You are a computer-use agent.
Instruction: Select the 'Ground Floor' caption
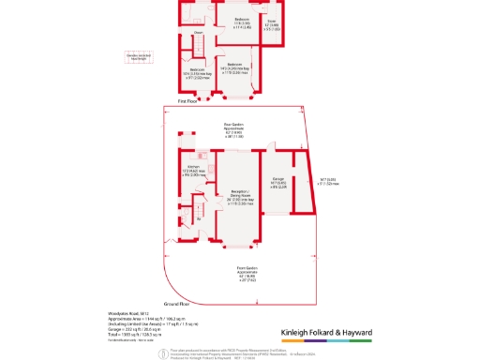(177, 304)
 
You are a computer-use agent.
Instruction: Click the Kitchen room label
(187, 171)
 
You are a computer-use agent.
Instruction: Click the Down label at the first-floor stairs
(198, 33)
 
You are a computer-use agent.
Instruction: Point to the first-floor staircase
(199, 48)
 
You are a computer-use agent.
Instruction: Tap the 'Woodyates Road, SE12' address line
(118, 312)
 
